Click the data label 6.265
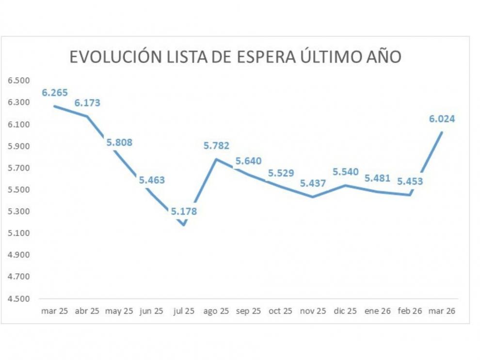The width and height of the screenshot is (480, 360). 54,93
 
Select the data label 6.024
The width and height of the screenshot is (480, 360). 442,119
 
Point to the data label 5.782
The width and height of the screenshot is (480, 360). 216,145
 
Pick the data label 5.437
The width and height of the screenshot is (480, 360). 313,184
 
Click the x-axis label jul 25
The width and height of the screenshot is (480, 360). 183,311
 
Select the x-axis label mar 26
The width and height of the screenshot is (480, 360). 442,311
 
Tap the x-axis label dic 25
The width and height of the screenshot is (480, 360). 345,311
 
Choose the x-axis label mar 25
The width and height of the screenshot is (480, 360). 54,311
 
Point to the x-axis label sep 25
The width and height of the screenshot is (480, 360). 248,311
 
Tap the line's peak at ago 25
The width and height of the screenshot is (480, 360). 216,159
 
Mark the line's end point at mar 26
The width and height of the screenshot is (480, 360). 442,132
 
